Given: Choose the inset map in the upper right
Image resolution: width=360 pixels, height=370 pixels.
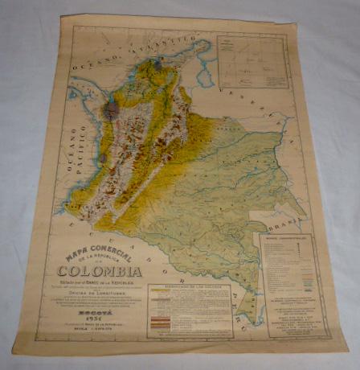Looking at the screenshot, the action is (x=252, y=60).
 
